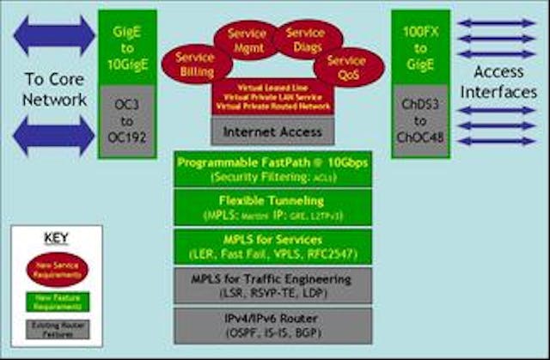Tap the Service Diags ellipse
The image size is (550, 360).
(306, 39)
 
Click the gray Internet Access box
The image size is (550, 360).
(272, 131)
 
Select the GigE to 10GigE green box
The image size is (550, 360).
(127, 46)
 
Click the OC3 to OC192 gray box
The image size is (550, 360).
(127, 120)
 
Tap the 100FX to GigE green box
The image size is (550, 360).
(421, 46)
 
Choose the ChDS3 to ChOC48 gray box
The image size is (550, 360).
(421, 120)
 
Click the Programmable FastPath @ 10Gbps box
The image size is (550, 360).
(272, 168)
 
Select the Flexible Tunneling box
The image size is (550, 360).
(272, 206)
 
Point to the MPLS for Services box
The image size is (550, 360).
(272, 245)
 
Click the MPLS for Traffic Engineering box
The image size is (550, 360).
(272, 285)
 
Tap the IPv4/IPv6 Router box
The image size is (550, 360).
(272, 323)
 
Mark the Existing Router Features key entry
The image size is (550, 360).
(56, 327)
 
